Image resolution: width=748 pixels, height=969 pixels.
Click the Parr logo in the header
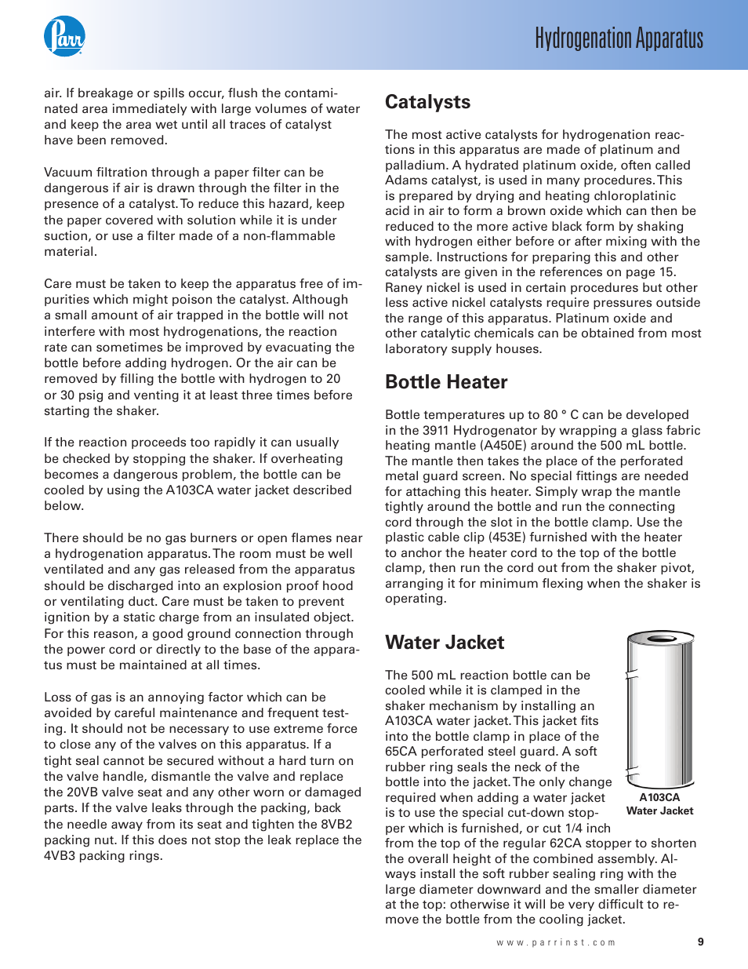(x=64, y=36)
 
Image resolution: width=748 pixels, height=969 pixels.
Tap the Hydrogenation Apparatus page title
(x=619, y=38)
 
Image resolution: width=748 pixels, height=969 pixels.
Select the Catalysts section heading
(x=427, y=102)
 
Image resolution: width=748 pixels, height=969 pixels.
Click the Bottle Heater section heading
(x=446, y=382)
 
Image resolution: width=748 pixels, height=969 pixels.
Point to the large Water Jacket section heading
(x=445, y=643)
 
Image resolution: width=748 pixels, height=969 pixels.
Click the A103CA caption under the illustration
(x=659, y=797)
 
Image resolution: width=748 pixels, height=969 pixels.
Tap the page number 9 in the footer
(x=700, y=942)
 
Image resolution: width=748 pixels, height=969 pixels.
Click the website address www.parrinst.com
(x=556, y=942)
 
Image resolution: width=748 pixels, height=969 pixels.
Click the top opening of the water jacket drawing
(x=660, y=639)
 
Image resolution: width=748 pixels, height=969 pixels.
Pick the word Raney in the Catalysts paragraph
(x=403, y=288)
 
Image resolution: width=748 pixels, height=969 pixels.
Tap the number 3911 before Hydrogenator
(x=435, y=430)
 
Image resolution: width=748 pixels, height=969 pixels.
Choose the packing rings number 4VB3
(x=63, y=856)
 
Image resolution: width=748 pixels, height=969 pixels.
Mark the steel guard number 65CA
(x=403, y=752)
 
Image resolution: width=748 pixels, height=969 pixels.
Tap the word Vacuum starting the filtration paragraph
(x=68, y=173)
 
